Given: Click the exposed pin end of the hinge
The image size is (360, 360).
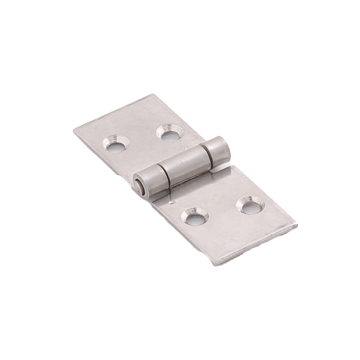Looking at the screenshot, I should pos(138,186).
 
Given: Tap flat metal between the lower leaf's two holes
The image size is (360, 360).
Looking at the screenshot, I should pos(223,211).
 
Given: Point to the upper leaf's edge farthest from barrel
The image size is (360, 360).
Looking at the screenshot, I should pos(112,112).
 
